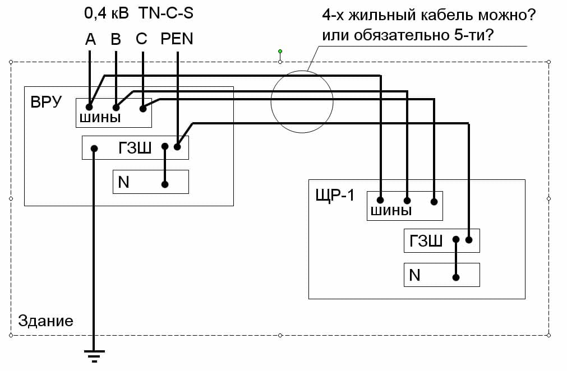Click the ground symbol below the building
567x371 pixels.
[94, 355]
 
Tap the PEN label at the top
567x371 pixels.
[177, 39]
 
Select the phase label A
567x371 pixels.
[90, 39]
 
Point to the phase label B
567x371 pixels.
[116, 39]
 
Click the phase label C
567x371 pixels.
[141, 39]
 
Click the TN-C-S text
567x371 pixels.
[167, 13]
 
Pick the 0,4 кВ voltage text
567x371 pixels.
[107, 13]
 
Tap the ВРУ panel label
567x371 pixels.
[47, 102]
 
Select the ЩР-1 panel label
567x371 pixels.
[335, 196]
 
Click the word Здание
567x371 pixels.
[45, 321]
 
